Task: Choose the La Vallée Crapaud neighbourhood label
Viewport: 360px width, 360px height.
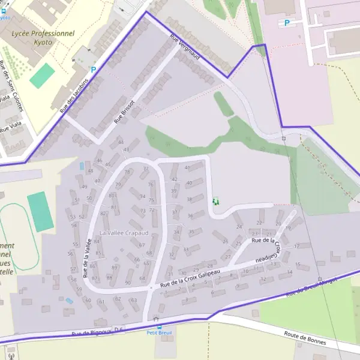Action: click(124, 233)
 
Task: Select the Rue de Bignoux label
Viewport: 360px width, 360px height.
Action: click(91, 332)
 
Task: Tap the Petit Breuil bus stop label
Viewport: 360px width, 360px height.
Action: click(155, 332)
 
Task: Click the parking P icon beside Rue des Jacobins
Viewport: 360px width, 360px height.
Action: click(93, 70)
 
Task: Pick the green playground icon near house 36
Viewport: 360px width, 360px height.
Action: click(215, 201)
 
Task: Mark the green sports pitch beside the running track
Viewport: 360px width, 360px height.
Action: click(40, 211)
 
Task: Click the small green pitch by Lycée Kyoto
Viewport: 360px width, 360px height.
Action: click(42, 76)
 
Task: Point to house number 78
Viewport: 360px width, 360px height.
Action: click(127, 172)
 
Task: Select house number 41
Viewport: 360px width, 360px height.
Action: click(188, 167)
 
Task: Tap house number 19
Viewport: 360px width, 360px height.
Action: click(288, 228)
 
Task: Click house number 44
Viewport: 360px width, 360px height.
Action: click(121, 142)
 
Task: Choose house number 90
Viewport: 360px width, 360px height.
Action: click(128, 282)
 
